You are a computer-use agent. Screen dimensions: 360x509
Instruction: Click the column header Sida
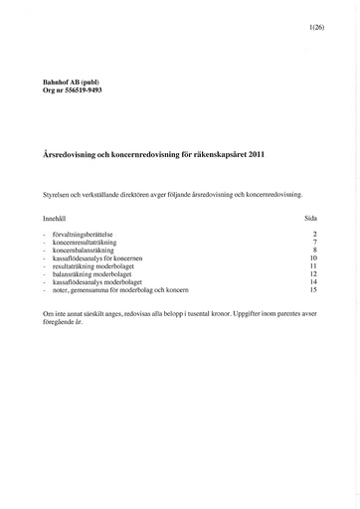[309, 216]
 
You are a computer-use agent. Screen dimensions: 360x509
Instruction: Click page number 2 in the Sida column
[313, 234]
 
